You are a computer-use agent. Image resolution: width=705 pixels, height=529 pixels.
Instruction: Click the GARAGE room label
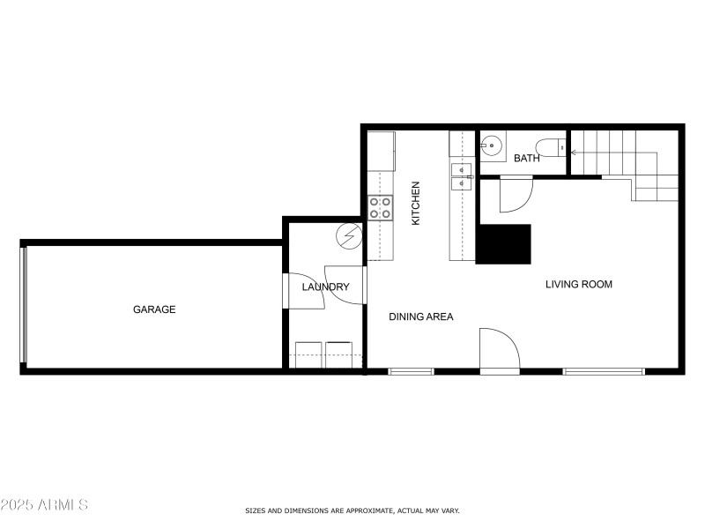point(154,309)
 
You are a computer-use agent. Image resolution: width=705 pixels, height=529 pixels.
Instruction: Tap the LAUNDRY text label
point(325,287)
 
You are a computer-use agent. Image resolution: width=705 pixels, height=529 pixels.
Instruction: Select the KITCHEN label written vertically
point(416,203)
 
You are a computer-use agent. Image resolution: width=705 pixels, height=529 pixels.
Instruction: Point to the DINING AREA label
point(421,317)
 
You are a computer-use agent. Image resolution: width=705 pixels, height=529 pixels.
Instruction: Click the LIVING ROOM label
point(578,285)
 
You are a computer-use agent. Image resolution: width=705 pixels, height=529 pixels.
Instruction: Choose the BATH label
point(527,159)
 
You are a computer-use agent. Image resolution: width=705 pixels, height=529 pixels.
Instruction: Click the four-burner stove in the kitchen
point(380,208)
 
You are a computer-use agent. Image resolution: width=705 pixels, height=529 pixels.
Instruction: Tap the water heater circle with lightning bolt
point(350,235)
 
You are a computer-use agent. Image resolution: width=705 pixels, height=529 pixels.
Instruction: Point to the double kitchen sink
point(462,176)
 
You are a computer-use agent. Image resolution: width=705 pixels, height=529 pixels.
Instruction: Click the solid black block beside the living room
point(504,244)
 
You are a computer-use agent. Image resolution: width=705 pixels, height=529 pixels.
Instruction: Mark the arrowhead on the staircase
point(574,153)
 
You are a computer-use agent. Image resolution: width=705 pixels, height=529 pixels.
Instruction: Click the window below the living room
point(604,371)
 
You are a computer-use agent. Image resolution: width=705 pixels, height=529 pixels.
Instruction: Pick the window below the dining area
point(412,371)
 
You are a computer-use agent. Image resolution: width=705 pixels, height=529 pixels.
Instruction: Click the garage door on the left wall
point(25,305)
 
